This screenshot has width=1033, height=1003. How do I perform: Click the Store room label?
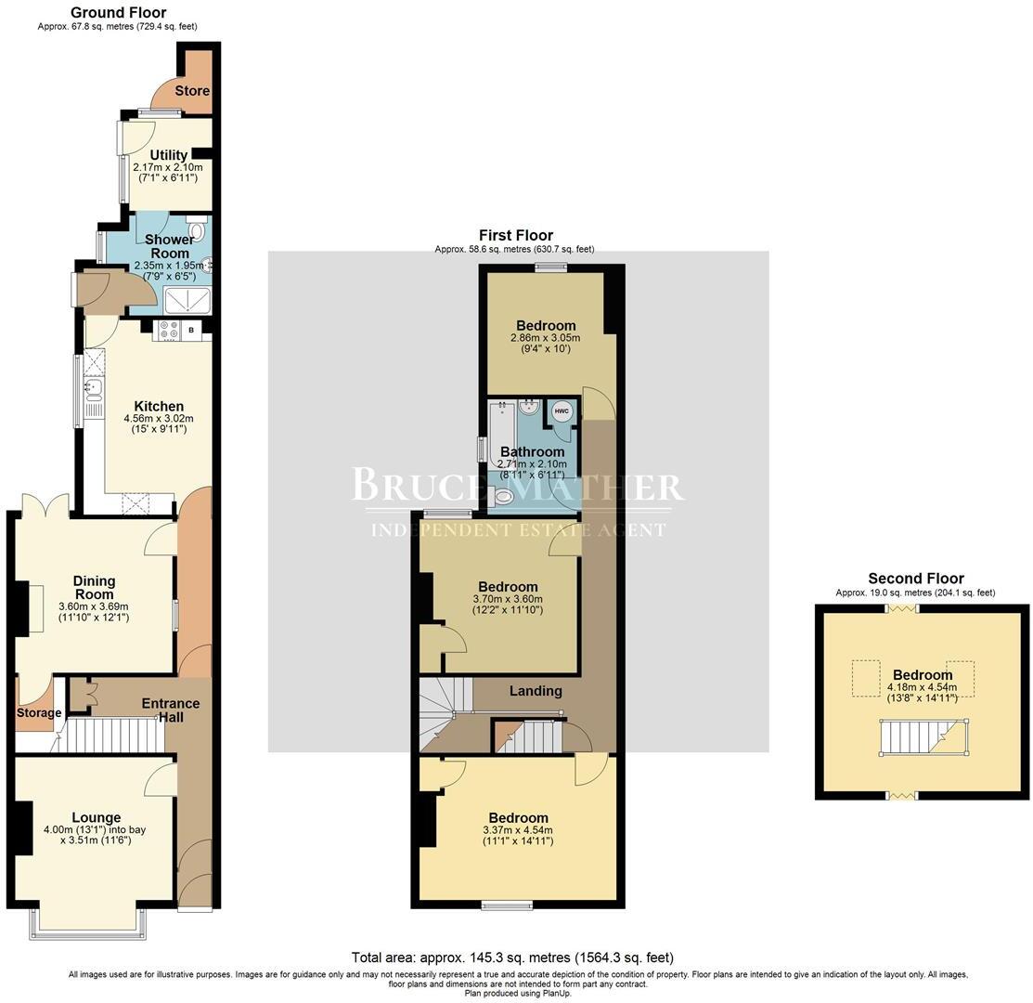coord(192,91)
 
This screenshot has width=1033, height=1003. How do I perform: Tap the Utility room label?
coord(169,155)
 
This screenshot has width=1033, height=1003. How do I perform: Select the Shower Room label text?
coord(170,246)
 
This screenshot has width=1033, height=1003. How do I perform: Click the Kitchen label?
coord(159,406)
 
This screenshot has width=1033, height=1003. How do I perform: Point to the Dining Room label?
coord(95,588)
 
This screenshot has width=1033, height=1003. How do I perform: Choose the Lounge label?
coord(97,817)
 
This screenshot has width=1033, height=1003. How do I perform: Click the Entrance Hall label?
coord(171,710)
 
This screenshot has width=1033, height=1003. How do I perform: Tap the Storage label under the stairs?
coord(38,713)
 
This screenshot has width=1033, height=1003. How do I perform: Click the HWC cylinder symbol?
coord(562,410)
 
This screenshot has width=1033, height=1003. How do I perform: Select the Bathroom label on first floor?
coord(532,452)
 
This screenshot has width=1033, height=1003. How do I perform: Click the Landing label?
coord(536,691)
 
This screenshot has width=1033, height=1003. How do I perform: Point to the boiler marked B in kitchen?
coord(191,330)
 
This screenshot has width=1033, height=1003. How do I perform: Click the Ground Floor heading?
coord(118,13)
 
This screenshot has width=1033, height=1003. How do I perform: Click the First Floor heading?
coord(515,236)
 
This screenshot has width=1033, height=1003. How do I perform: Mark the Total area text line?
coord(512,957)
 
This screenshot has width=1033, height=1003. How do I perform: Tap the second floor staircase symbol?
coord(923,739)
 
